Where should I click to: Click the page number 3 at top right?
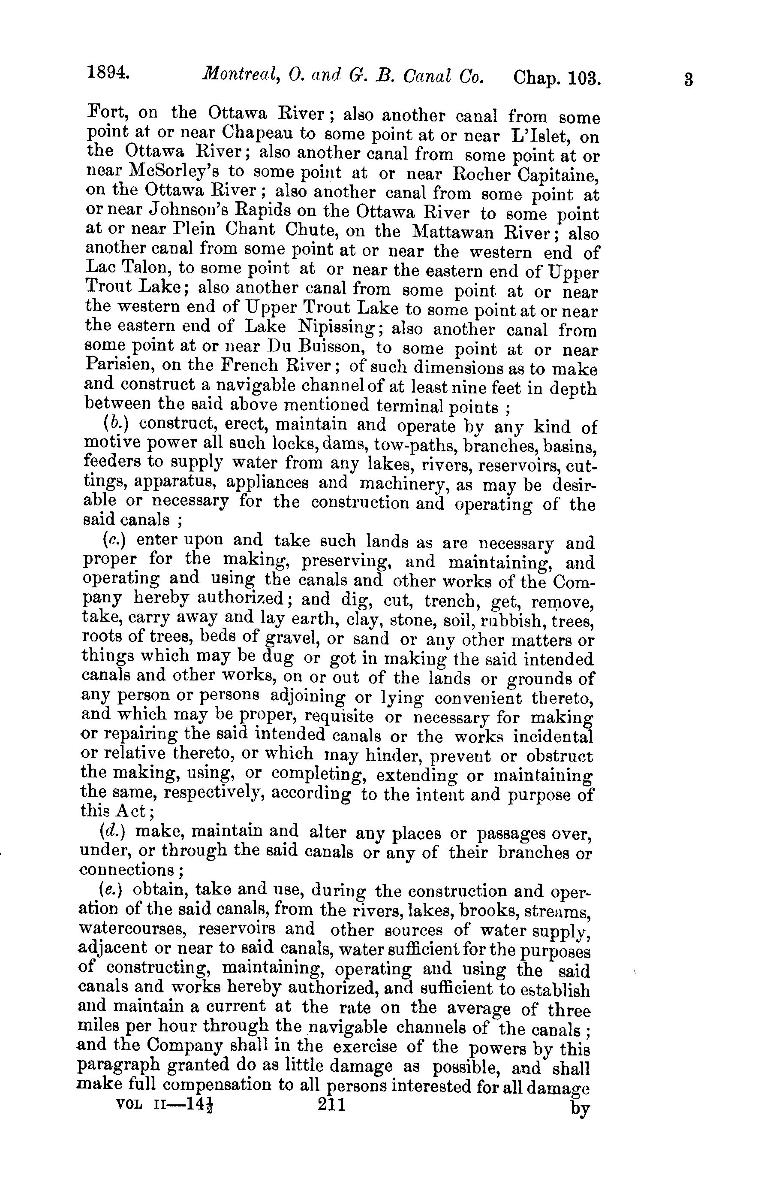pyautogui.click(x=689, y=80)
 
